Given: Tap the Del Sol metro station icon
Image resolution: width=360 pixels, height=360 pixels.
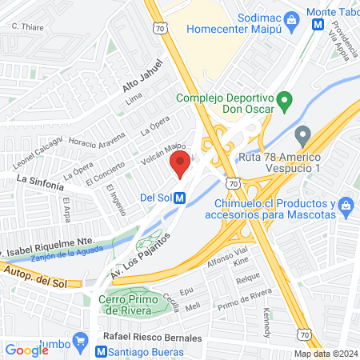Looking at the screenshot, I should tap(181, 198).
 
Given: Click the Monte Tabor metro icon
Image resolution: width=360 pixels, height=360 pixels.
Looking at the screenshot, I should tap(318, 25).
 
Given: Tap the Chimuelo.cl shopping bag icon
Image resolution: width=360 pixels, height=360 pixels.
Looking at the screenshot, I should tap(346, 206).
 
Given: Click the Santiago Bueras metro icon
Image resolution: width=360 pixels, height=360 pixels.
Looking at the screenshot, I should tap(102, 351).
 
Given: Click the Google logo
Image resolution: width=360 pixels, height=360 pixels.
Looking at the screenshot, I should tap(26, 350).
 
